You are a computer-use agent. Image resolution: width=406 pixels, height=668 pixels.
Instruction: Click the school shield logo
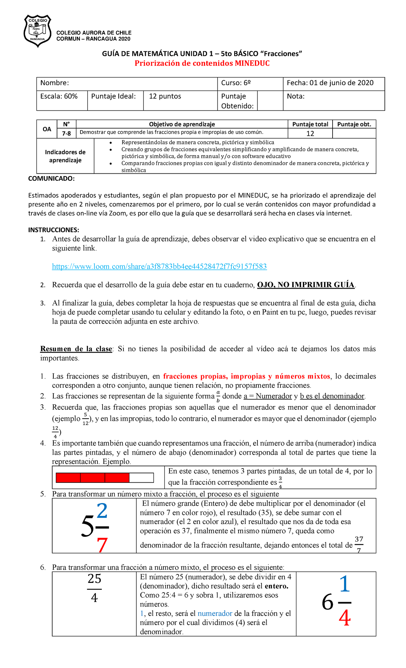click(x=37, y=31)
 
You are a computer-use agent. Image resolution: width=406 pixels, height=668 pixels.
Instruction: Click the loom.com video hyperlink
click(x=159, y=266)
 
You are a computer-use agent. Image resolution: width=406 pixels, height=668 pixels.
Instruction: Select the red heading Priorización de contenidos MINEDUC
click(x=202, y=63)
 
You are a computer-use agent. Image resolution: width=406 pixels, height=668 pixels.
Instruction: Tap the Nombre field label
click(x=54, y=83)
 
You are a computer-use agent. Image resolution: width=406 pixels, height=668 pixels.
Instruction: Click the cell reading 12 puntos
click(x=165, y=96)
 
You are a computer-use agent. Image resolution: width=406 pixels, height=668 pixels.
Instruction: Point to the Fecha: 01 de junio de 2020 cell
click(x=330, y=83)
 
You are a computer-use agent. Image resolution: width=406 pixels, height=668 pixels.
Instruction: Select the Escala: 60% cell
click(x=59, y=96)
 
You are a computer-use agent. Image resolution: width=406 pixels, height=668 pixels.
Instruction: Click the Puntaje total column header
click(x=310, y=124)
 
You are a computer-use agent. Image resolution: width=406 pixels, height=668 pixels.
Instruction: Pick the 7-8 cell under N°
click(x=66, y=134)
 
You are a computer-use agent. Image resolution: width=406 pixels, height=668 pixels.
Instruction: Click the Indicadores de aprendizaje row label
click(x=65, y=156)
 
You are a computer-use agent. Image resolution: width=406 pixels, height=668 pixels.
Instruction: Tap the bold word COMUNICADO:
click(x=51, y=178)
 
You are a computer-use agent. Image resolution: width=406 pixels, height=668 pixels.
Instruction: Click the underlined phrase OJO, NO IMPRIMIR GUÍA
click(x=306, y=285)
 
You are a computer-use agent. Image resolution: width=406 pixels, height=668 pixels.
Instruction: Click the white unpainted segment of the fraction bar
click(x=141, y=478)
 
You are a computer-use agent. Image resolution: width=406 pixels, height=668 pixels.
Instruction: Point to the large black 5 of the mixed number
click(x=87, y=527)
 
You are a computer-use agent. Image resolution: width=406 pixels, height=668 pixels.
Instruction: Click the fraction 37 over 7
click(x=359, y=544)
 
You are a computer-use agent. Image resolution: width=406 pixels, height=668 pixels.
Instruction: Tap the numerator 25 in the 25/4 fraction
click(x=94, y=579)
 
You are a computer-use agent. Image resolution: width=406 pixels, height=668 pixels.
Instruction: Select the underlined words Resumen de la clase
click(x=76, y=349)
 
